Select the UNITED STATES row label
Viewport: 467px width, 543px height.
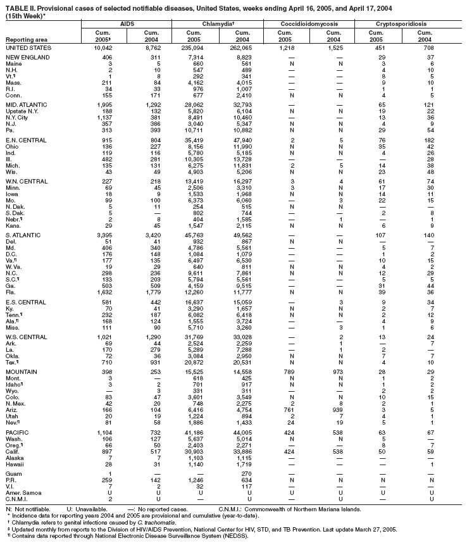[x=28, y=48]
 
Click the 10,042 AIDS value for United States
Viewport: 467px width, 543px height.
[x=102, y=48]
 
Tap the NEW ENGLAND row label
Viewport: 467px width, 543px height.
[x=26, y=58]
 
